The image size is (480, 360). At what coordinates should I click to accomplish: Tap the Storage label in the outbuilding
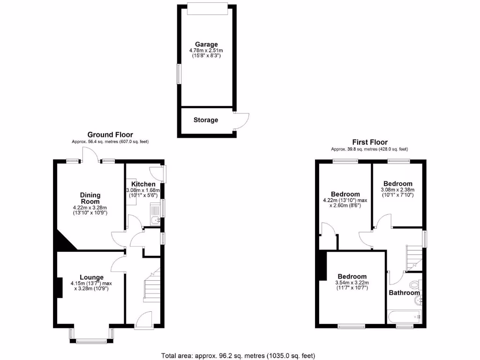[x=206, y=120]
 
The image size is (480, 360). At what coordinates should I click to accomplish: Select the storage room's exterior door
[x=241, y=121]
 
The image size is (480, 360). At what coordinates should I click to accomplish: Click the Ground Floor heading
[x=110, y=135]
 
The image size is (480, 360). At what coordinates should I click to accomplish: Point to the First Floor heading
[x=370, y=142]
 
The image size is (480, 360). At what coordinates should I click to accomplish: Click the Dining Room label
[x=90, y=198]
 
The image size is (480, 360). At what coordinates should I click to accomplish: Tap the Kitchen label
[x=143, y=184]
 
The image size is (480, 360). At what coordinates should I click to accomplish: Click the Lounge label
[x=91, y=277]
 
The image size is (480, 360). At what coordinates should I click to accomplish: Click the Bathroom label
[x=404, y=292]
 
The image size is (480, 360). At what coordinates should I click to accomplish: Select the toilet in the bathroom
[x=415, y=285]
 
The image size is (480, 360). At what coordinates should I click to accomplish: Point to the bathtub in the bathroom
[x=405, y=317]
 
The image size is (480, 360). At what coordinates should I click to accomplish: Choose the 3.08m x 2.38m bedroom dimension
[x=397, y=193]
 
